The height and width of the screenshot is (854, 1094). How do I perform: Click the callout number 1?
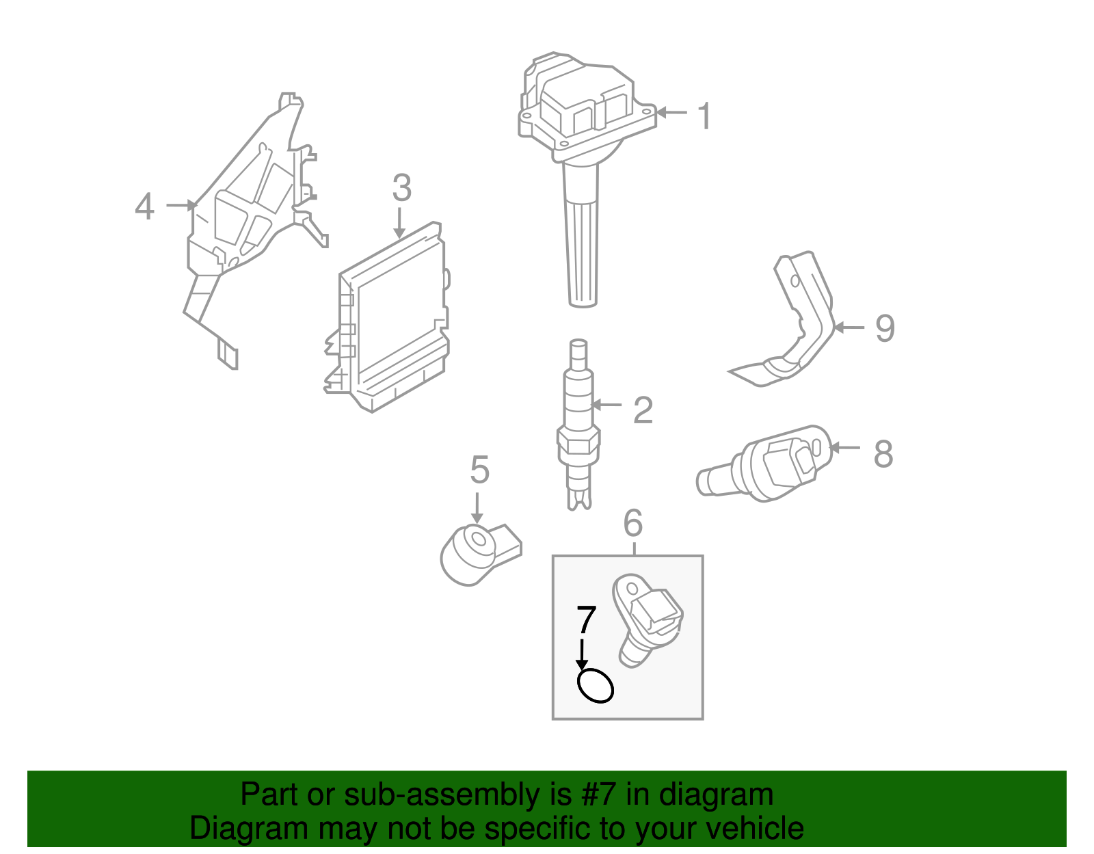704,116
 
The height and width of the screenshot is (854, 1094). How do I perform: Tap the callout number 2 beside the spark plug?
643,410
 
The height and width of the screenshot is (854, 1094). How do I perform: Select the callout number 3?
401,188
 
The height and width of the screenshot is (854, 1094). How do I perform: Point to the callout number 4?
144,206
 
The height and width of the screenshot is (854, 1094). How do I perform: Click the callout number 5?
479,470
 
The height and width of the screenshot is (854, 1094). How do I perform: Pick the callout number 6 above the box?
633,524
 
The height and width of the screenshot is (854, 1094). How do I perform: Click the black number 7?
587,620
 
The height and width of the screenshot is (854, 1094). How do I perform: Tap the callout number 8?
883,454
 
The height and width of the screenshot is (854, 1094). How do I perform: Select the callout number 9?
885,329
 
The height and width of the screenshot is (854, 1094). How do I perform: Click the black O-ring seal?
595,686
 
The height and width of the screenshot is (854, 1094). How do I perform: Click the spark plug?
578,424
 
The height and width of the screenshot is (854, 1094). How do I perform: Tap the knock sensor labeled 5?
475,554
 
